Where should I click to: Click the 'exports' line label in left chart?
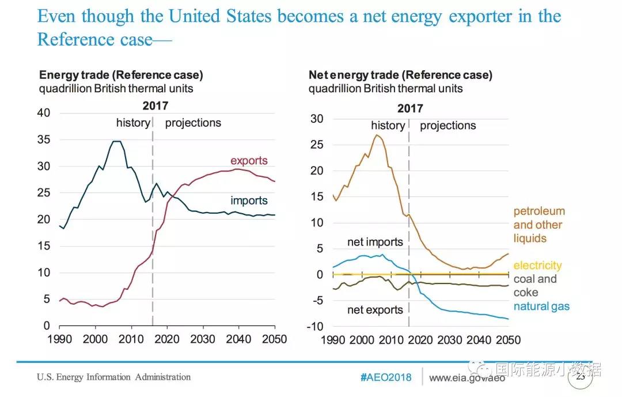(x=249, y=161)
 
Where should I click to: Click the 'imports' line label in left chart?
(x=249, y=201)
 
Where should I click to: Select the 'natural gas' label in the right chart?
(x=541, y=307)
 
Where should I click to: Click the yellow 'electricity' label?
(x=537, y=266)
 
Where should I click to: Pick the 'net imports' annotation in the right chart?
(x=376, y=242)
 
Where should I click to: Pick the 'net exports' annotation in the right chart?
(x=375, y=310)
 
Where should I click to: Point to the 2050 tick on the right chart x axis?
(x=508, y=339)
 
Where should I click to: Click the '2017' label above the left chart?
(x=155, y=106)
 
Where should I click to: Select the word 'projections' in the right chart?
(x=447, y=126)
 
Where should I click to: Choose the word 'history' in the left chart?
(x=133, y=123)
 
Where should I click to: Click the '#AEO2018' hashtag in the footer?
(x=386, y=377)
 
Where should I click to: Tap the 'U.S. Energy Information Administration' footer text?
(x=113, y=377)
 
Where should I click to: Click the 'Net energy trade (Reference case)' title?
(x=400, y=75)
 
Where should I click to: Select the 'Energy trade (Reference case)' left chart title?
(x=121, y=75)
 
